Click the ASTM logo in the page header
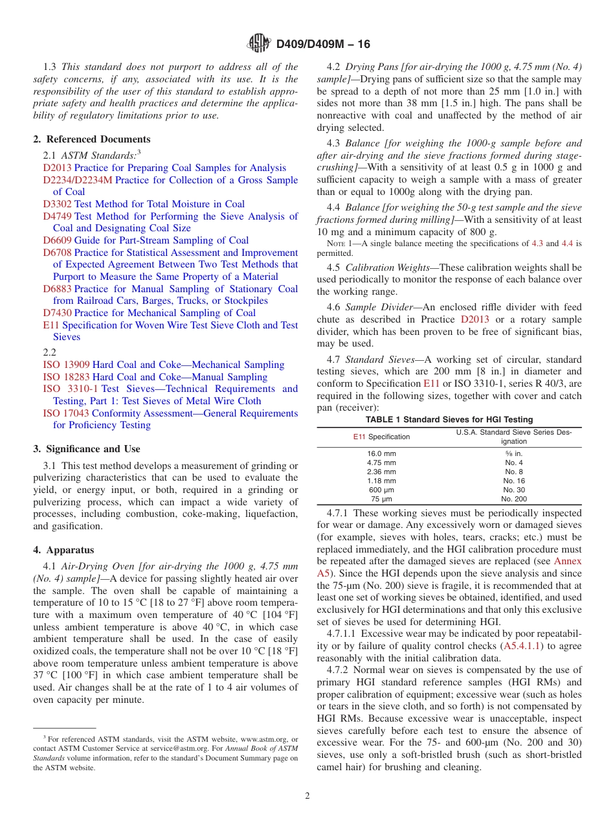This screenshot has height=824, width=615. point(259,44)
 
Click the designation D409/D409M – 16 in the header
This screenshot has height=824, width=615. point(322,44)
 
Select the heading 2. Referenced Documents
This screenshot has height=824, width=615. point(92,139)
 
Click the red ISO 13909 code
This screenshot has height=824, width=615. point(66,365)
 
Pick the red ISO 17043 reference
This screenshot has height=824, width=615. point(66,413)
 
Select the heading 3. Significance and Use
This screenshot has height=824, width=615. point(87,448)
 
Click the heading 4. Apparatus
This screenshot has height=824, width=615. point(63,550)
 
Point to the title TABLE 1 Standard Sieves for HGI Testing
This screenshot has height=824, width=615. point(449,419)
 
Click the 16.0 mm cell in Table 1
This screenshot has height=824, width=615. point(381,453)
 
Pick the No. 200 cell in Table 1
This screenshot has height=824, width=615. point(513,499)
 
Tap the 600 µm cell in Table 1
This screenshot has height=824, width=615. point(381,490)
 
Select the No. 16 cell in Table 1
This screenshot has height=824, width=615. point(513,481)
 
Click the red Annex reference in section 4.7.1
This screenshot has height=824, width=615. point(568,561)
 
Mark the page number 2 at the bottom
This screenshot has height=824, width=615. point(307,796)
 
